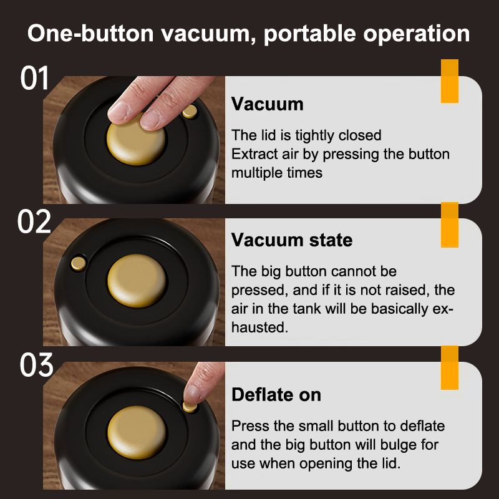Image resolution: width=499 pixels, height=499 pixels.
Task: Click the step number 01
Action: (x=34, y=78)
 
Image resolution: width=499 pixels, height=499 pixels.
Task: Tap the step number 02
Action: (x=34, y=221)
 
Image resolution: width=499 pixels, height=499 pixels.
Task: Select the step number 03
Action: (x=36, y=365)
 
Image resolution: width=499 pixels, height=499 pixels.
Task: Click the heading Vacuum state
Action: (x=292, y=240)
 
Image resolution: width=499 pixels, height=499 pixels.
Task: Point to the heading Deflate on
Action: (x=276, y=395)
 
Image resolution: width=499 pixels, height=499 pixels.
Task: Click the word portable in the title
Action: (x=309, y=34)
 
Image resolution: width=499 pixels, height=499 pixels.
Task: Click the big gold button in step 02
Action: (x=137, y=281)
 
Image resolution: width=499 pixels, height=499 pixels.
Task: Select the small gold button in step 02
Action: (x=79, y=263)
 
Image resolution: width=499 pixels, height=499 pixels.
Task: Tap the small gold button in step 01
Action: (x=190, y=112)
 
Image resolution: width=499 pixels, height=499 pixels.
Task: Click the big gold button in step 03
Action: (x=137, y=432)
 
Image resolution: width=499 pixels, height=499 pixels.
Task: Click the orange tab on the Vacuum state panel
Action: (x=449, y=225)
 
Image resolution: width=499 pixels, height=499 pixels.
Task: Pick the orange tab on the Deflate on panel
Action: (x=449, y=367)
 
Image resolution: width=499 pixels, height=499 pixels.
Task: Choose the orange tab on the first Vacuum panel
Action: (x=449, y=81)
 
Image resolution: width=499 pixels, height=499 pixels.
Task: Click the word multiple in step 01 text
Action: (x=256, y=173)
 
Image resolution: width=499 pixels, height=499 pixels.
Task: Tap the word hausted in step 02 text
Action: (x=259, y=327)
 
